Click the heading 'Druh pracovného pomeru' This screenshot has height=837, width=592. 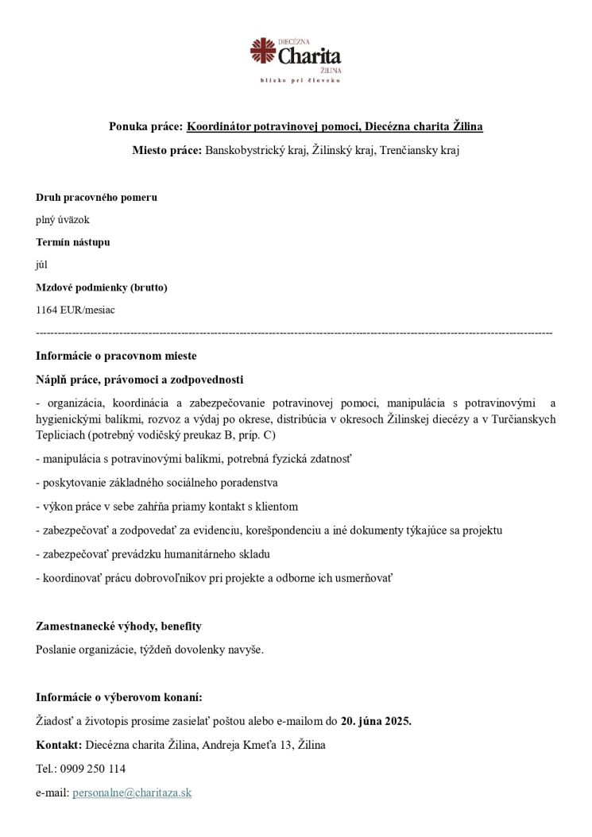96,197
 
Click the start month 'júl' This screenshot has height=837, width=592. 42,264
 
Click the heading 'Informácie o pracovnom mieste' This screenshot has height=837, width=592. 116,356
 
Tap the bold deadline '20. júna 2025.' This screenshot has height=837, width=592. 376,722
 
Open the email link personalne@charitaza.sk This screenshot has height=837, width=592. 132,793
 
